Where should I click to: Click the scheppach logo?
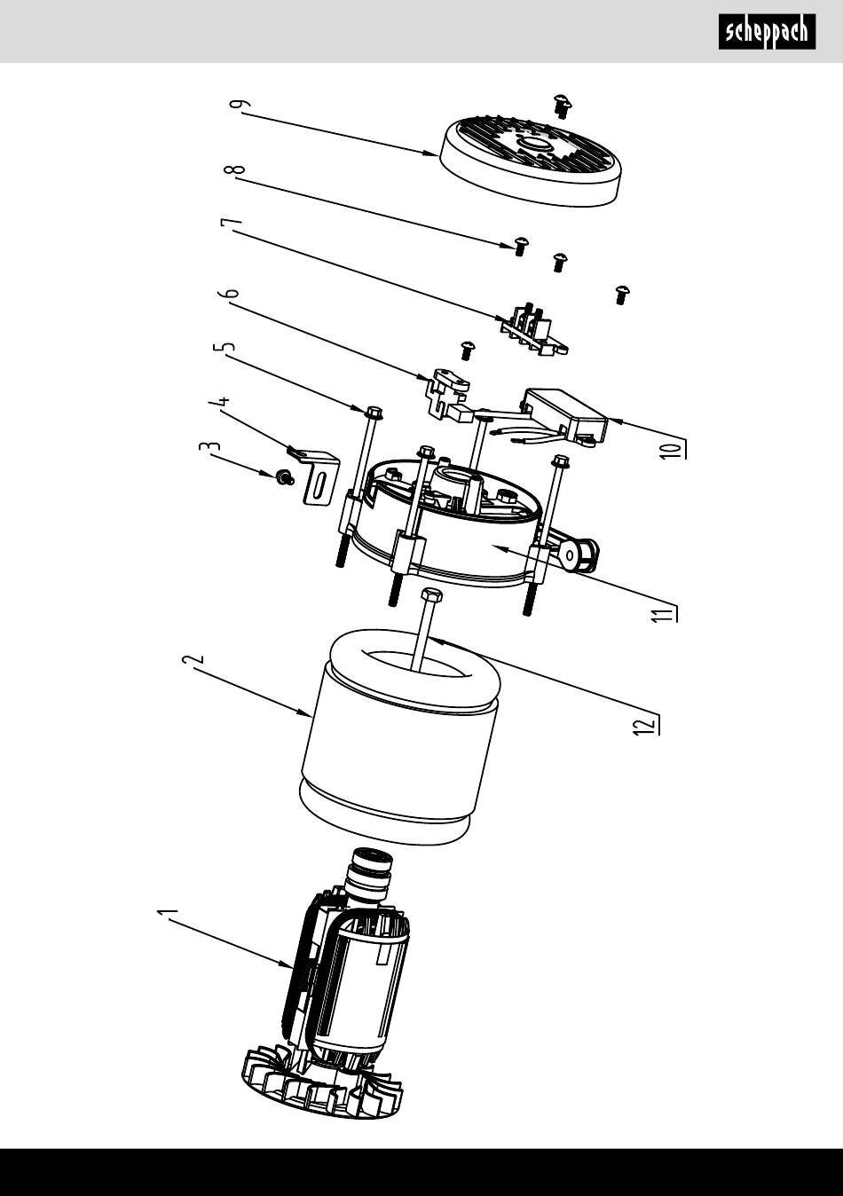(x=767, y=32)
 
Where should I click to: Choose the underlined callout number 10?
(x=674, y=449)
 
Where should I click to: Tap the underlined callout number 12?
(x=645, y=725)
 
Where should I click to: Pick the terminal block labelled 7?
(x=534, y=329)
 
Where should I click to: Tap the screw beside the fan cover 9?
(x=563, y=106)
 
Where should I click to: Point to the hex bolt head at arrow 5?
(x=373, y=413)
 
